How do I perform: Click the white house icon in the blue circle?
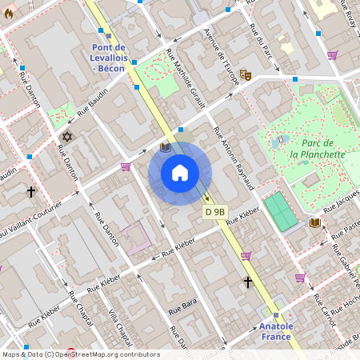click(x=180, y=173)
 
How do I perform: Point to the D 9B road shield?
click(x=214, y=212)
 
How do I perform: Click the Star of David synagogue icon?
click(x=66, y=138)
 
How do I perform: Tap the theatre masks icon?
click(x=246, y=74)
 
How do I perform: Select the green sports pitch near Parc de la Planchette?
click(x=280, y=210)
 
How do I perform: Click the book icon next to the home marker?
click(x=165, y=147)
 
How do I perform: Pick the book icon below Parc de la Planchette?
click(x=315, y=222)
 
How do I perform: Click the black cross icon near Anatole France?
click(x=248, y=282)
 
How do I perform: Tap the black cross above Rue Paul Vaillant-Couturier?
click(x=31, y=192)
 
